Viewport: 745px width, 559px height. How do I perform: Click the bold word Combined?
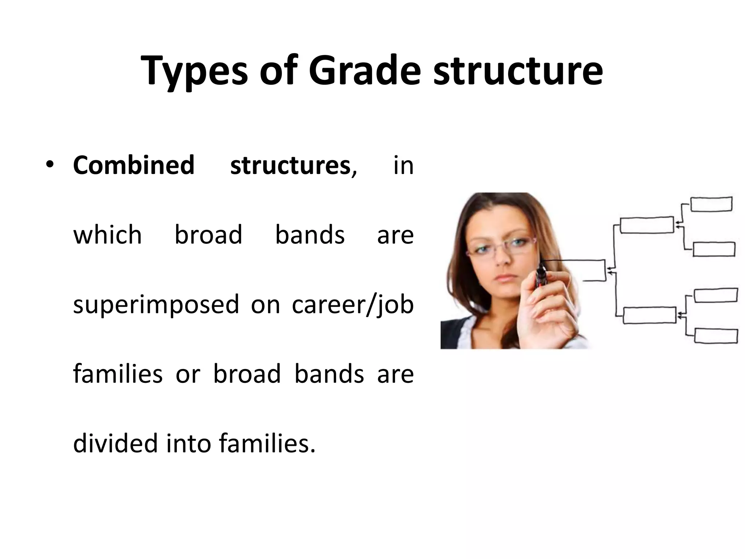coord(134,165)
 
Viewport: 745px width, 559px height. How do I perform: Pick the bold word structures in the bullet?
coord(290,165)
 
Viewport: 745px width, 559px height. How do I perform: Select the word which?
coord(107,235)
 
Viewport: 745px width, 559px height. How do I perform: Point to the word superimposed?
coord(156,304)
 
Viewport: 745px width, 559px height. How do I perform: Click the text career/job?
coord(352,304)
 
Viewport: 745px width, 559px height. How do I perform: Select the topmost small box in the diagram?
coord(711,204)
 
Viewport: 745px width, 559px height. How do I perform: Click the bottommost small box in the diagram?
coord(716,336)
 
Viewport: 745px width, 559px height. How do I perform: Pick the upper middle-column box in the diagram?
coord(647,225)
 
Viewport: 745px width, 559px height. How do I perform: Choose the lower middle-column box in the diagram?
coord(649,315)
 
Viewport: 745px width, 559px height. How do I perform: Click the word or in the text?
coord(188,374)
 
